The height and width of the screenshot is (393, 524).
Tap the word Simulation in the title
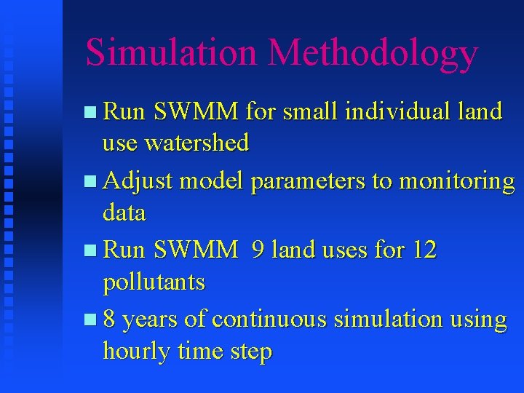point(172,52)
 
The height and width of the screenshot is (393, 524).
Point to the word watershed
point(196,143)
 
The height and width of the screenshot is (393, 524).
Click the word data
point(124,213)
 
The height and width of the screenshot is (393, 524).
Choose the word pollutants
point(154,282)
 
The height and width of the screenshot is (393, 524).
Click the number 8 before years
point(109,319)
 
